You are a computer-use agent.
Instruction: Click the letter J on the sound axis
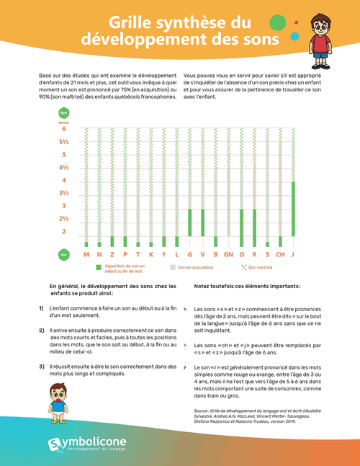pyautogui.click(x=293, y=254)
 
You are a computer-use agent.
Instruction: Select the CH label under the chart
pyautogui.click(x=280, y=254)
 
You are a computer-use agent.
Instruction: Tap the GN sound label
pyautogui.click(x=228, y=254)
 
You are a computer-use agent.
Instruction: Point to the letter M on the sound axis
pyautogui.click(x=86, y=254)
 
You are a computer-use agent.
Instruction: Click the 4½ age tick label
pyautogui.click(x=63, y=167)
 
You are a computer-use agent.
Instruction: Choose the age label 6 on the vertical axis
pyautogui.click(x=63, y=129)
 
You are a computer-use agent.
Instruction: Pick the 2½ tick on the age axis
pyautogui.click(x=63, y=218)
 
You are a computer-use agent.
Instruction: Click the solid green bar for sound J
pyautogui.click(x=293, y=214)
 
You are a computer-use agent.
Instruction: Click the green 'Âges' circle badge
pyautogui.click(x=63, y=114)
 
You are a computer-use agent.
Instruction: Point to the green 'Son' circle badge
pyautogui.click(x=63, y=254)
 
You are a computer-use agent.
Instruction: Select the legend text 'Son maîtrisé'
pyautogui.click(x=261, y=267)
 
